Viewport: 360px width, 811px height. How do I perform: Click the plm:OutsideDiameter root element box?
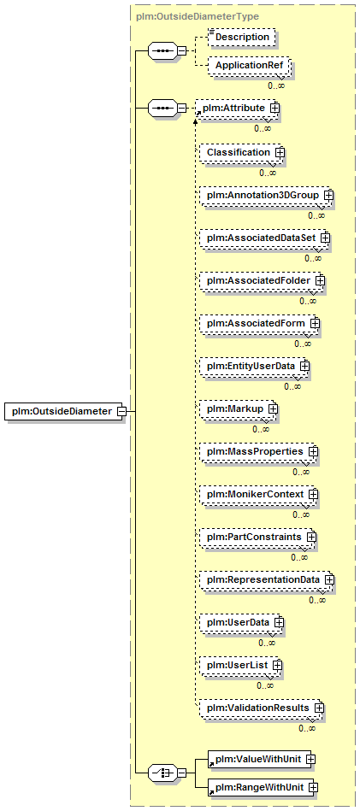[x=63, y=411]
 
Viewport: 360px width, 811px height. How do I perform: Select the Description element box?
[x=241, y=38]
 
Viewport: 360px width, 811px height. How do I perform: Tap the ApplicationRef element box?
[x=249, y=66]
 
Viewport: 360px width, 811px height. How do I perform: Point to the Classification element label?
[x=239, y=153]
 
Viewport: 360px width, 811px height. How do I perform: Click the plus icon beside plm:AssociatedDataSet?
[x=325, y=238]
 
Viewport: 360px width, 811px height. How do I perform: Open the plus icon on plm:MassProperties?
[x=312, y=451]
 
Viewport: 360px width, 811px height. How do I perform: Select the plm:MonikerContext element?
[x=258, y=495]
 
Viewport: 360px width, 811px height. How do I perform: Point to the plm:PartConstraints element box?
[x=258, y=538]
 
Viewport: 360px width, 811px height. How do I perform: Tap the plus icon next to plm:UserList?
[x=277, y=665]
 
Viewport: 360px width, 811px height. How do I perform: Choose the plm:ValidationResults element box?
[x=262, y=708]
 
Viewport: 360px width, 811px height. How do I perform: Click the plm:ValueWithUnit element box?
[x=262, y=759]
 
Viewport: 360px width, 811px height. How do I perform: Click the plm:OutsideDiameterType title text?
[x=197, y=16]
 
